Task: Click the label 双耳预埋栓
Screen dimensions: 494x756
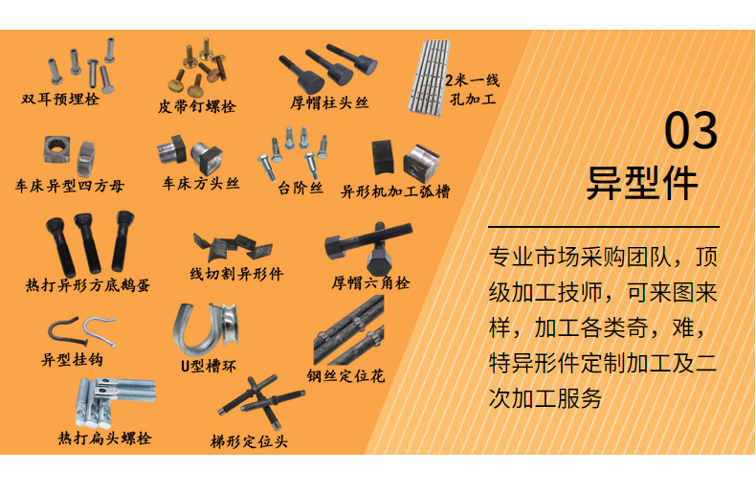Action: pos(60,99)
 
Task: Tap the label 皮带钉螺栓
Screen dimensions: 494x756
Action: pos(196,106)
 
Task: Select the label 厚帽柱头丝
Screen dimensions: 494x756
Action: pos(329,102)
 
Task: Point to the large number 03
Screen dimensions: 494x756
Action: pos(691,131)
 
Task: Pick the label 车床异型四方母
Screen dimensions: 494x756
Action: pos(70,186)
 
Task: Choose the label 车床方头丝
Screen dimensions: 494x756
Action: pos(200,182)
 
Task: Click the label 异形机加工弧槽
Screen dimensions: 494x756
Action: pos(395,191)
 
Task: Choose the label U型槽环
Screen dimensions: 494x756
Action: pos(209,365)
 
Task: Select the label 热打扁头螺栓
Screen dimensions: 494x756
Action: pos(104,438)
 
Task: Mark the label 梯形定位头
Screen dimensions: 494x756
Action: pos(249,441)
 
